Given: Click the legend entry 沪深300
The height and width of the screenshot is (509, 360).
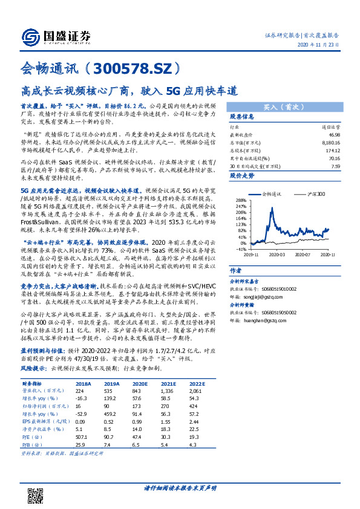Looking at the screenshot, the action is coord(314,194).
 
